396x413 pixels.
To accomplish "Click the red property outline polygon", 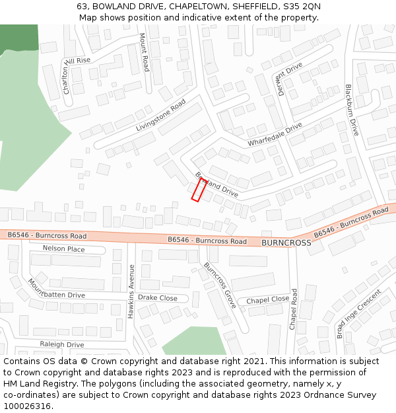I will click(x=199, y=190).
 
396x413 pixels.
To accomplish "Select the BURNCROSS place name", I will click(x=286, y=243).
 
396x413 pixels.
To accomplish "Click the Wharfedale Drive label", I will click(x=275, y=135).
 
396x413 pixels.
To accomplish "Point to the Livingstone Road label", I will click(x=161, y=116).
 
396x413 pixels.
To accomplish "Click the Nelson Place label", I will click(x=63, y=249).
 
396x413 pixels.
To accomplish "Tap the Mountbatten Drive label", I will click(x=56, y=289).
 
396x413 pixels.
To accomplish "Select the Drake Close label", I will click(x=157, y=298).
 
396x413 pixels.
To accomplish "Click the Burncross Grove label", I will click(x=220, y=285).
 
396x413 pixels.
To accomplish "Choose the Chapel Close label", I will click(x=267, y=300).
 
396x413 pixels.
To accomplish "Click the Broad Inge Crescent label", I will click(x=358, y=314).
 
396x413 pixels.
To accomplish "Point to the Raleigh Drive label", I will click(x=61, y=344).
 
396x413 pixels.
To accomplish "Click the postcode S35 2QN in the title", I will click(x=302, y=6).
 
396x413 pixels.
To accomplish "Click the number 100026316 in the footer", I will click(x=27, y=406).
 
